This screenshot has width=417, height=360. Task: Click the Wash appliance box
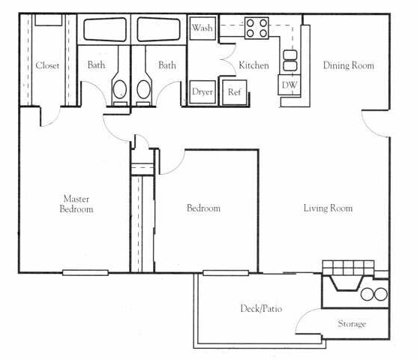point(202,28)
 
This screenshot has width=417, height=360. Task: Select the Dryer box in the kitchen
point(202,91)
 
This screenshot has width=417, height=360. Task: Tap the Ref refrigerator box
point(234,91)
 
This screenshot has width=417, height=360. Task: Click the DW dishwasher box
point(289,85)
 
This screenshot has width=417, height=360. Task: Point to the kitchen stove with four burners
point(256,28)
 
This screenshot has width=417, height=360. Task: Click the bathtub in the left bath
point(104,30)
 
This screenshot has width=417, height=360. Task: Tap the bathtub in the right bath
point(158,30)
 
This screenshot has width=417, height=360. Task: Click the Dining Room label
point(348,65)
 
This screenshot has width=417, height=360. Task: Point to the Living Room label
point(328,208)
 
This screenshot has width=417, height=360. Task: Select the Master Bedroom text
point(76,204)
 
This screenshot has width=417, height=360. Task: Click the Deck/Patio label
point(261,308)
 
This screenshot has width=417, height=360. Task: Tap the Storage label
point(352,324)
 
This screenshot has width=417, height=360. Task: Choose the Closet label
point(47,65)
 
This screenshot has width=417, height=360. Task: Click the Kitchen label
point(253,65)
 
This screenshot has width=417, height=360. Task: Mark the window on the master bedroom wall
point(85,272)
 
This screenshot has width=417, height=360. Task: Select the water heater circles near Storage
point(373,294)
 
